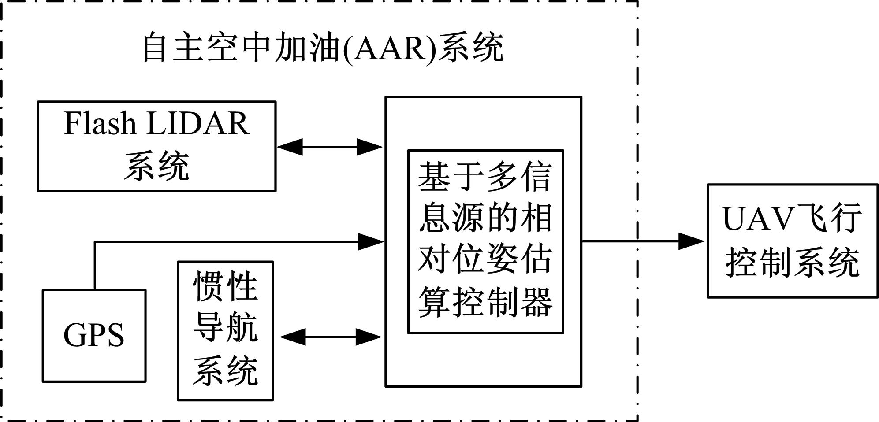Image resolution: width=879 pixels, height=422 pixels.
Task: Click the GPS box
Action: tap(94, 336)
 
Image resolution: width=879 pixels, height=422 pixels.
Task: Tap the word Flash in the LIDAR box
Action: tap(100, 123)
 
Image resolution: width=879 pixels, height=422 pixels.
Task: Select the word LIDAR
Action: tap(198, 123)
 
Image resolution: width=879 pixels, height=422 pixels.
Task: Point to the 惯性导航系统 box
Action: tap(225, 331)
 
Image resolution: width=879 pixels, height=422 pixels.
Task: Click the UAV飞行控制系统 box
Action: tap(792, 241)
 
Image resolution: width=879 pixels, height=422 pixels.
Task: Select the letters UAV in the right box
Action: tap(755, 218)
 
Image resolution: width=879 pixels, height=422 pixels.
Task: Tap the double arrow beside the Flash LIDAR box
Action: tap(330, 147)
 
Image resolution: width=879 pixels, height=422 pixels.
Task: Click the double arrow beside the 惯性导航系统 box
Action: tap(331, 337)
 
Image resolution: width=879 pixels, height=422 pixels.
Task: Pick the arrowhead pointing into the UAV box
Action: tap(690, 241)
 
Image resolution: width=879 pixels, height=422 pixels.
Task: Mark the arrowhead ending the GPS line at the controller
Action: tap(370, 241)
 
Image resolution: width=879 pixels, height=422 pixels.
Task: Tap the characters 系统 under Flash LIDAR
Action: tap(156, 166)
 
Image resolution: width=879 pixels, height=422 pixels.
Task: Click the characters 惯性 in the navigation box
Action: tap(225, 287)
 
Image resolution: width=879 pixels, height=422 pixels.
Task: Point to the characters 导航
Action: tap(225, 328)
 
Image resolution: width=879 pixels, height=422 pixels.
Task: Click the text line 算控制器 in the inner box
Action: tap(485, 303)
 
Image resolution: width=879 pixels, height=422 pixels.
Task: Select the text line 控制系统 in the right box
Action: tap(792, 263)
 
